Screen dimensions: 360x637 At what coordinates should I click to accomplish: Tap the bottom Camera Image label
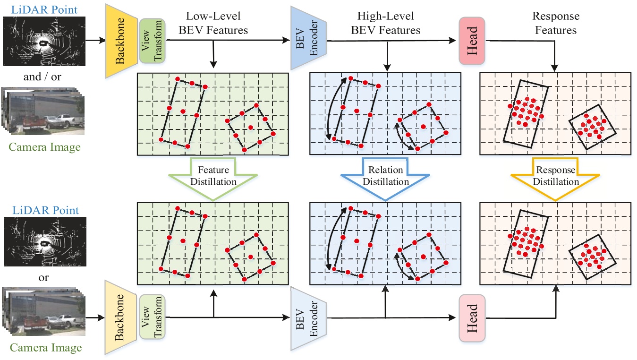pos(46,348)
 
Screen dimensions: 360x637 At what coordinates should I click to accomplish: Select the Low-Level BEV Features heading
pos(214,23)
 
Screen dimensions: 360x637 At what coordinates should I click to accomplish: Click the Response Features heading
pos(555,23)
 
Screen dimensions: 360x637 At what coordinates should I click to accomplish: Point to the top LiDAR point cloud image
pos(45,42)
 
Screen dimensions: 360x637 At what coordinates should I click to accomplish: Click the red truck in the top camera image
pos(33,120)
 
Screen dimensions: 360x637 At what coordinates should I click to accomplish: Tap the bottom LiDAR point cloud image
pos(45,242)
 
